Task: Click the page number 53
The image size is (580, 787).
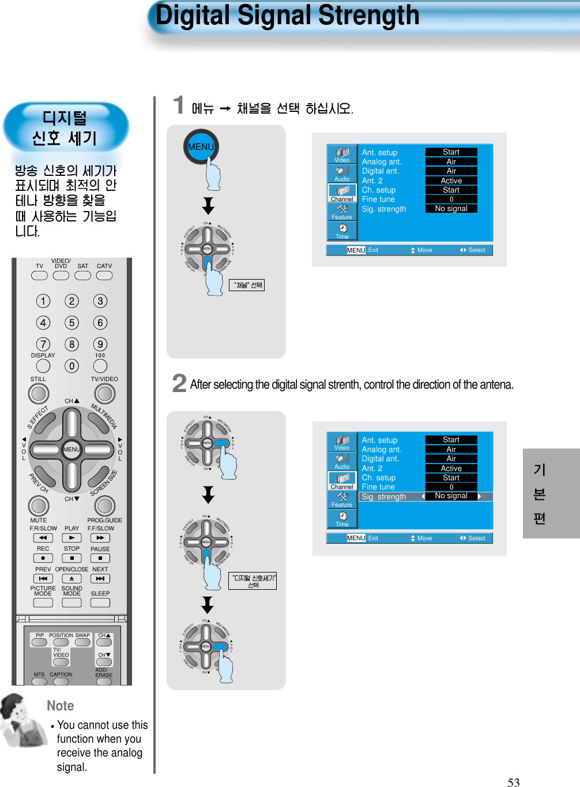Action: click(x=513, y=782)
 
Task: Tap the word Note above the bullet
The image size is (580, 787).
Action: click(x=61, y=706)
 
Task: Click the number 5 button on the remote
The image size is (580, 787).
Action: click(x=71, y=323)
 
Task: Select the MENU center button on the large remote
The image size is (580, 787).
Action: click(x=71, y=449)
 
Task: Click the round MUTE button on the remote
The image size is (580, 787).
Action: click(x=39, y=506)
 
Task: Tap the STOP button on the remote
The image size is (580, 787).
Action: click(x=71, y=558)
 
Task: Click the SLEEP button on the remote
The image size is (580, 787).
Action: click(x=100, y=603)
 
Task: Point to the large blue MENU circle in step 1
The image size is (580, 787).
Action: click(x=201, y=146)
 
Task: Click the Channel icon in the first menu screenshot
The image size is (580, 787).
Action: click(x=342, y=192)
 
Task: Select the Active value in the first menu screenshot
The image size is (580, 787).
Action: click(x=451, y=180)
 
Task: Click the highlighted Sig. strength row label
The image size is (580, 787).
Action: click(x=384, y=496)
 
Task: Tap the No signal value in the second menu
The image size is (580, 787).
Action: click(x=451, y=496)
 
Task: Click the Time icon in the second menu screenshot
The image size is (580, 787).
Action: click(x=342, y=518)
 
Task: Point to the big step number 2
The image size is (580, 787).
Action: click(x=179, y=383)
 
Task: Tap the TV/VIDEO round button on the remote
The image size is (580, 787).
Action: click(x=104, y=394)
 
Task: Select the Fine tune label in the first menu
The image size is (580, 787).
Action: click(x=378, y=199)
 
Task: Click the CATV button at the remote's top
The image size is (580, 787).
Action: click(x=104, y=275)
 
